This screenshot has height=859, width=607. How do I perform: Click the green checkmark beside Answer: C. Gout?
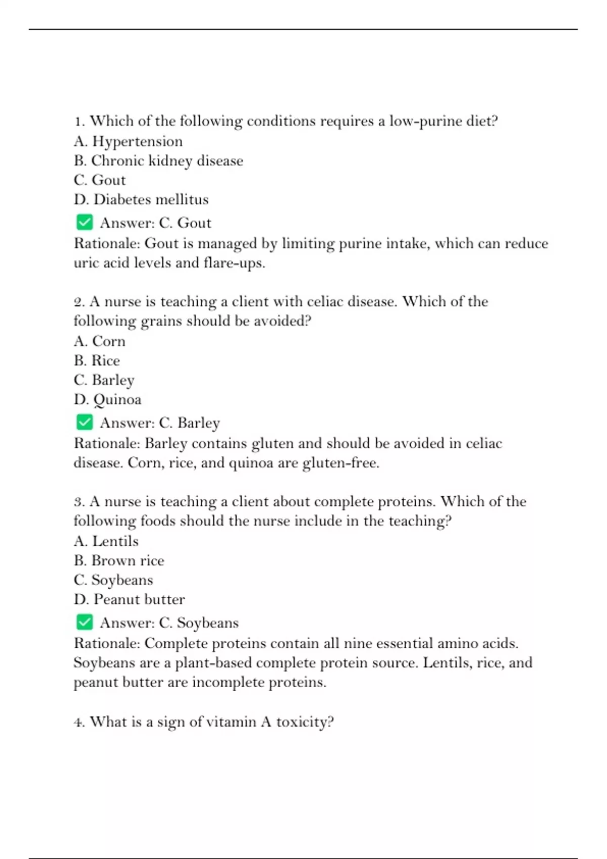click(84, 222)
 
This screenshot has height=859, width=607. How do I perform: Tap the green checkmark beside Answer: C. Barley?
click(84, 422)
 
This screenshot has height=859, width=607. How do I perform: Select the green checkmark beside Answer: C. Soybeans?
click(84, 622)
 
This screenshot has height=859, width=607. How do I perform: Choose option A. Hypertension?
click(128, 141)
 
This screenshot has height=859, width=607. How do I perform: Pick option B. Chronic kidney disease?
click(158, 161)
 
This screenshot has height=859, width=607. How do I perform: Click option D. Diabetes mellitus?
click(141, 200)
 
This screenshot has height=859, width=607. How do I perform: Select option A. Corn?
click(100, 342)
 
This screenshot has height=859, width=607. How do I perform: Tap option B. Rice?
click(97, 361)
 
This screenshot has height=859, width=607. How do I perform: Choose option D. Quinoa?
click(108, 400)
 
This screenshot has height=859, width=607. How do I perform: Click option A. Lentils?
click(106, 541)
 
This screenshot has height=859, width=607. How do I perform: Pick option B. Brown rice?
click(119, 560)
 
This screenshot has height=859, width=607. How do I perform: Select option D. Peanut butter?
click(129, 599)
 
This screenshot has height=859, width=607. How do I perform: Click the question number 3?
click(78, 502)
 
